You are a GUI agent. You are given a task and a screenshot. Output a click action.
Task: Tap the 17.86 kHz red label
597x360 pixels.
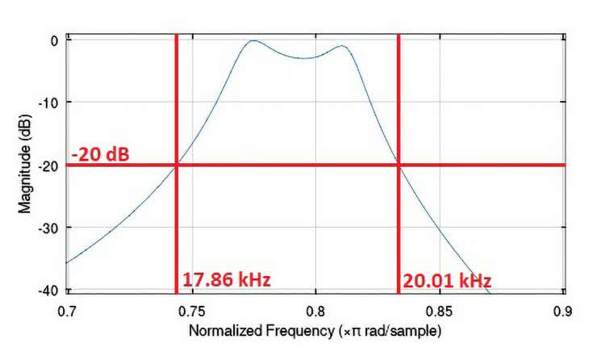226,280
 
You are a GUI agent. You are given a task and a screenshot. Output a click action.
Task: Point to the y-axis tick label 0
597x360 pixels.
54,40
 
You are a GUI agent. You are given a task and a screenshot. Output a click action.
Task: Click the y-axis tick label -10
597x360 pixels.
48,103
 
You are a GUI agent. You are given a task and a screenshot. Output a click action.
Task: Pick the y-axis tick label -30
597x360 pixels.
48,228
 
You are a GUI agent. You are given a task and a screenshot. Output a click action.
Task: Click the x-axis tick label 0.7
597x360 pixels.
67,310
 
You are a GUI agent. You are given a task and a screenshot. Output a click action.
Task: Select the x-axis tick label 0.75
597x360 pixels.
191,310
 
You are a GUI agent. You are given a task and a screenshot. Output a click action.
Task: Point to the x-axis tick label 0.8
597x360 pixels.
315,310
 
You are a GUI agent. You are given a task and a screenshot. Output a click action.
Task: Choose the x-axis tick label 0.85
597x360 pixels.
440,310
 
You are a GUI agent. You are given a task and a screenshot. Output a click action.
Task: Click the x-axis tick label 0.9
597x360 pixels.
564,310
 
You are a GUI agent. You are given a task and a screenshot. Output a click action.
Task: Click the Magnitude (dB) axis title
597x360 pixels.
25,165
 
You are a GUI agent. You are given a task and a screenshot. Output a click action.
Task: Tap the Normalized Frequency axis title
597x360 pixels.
315,331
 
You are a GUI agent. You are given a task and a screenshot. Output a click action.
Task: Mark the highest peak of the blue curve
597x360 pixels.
253,40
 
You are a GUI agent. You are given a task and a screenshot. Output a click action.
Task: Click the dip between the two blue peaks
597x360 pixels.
303,58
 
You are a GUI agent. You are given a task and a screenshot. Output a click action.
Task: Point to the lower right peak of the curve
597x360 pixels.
344,46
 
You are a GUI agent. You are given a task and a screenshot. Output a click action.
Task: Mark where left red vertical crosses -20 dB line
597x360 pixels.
175,165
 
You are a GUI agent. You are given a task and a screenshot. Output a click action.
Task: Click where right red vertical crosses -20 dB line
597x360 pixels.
399,165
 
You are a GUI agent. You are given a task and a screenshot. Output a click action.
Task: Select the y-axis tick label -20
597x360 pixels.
48,165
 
